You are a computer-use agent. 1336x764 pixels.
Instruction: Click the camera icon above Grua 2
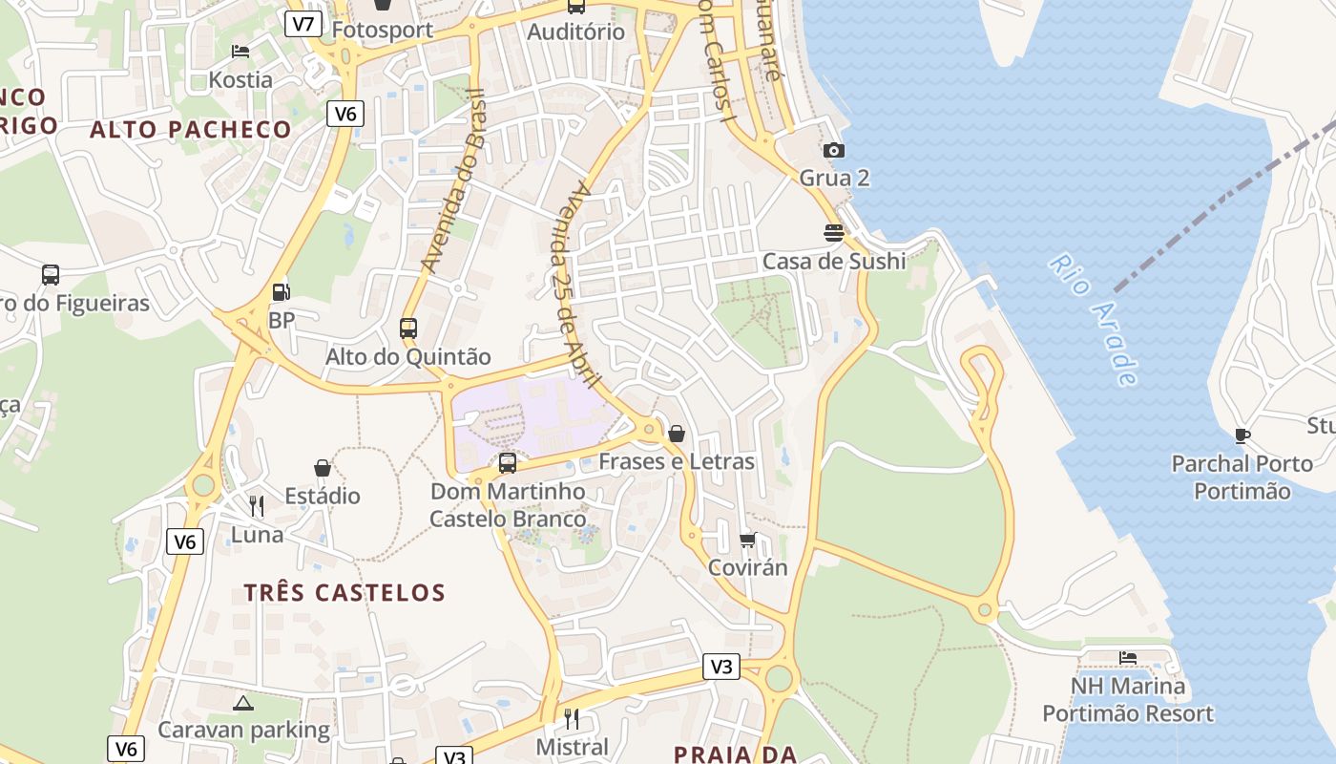(834, 150)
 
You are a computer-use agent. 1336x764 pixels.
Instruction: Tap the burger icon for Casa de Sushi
(834, 233)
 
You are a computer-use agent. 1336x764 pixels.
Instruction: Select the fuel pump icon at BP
(281, 292)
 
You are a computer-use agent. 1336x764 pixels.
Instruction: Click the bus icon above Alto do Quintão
(408, 329)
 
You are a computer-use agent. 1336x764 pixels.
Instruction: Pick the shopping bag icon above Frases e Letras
(677, 434)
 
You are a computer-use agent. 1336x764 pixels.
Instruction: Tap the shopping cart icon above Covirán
(748, 541)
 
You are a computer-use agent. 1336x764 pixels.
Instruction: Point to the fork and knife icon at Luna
(257, 506)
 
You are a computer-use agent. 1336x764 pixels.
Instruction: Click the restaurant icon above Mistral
(572, 718)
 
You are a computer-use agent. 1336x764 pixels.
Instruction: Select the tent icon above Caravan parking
(243, 704)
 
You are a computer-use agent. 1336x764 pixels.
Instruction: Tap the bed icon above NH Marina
(1128, 658)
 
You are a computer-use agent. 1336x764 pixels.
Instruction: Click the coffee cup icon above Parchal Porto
(1242, 435)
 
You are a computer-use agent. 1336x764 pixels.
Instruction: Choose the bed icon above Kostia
(240, 52)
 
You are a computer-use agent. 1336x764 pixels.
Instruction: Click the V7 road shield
(303, 24)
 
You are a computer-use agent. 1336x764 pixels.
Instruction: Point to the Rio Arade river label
(1094, 319)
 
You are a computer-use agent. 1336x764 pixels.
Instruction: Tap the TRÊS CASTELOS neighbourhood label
(344, 593)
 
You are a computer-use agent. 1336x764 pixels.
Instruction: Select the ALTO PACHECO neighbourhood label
(191, 130)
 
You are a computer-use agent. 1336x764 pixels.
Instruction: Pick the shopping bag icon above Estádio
(323, 468)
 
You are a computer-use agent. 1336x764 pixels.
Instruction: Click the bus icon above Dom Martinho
(508, 463)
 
